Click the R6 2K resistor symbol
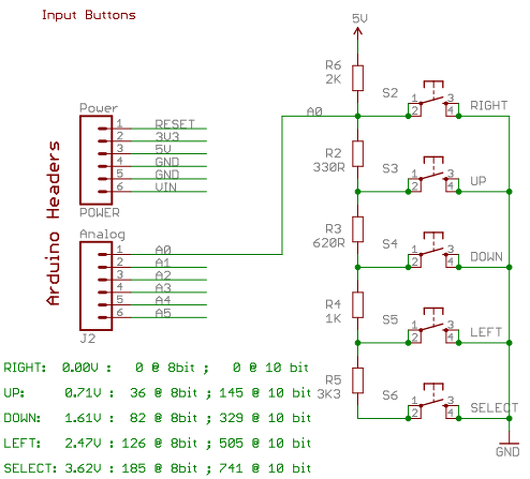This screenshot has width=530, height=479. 358,78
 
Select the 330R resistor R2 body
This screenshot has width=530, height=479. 358,153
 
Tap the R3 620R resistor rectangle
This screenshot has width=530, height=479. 358,229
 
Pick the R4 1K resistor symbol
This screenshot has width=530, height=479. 358,305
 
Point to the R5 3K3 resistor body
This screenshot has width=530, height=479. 358,380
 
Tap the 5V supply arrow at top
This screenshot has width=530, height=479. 358,31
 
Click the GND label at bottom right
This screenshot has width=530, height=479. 507,452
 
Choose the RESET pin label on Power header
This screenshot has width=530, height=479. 175,124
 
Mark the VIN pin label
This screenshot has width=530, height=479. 166,187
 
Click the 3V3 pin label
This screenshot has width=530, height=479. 167,137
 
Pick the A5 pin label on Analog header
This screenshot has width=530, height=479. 163,313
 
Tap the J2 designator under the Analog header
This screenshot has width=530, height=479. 87,339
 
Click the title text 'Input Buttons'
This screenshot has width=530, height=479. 89,15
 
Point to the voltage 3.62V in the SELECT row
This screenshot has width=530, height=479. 83,468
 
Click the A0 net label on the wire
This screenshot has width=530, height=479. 314,111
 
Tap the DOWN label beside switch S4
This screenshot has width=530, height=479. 486,257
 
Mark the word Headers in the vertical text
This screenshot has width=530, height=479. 54,180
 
